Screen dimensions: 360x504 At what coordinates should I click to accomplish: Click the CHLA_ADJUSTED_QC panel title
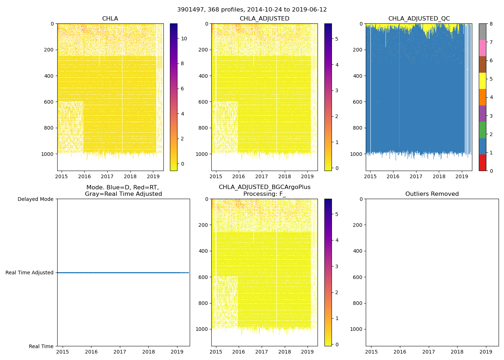(419, 19)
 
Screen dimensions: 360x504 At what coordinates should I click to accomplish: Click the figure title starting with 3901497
(252, 10)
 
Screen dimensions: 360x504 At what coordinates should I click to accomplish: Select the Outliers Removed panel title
(432, 194)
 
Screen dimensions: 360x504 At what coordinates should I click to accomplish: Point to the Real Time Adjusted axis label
(29, 273)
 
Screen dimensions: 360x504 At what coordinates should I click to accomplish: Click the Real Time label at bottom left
(41, 346)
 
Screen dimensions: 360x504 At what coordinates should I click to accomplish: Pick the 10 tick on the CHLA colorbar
(184, 39)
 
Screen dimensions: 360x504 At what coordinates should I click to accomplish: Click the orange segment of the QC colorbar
(482, 97)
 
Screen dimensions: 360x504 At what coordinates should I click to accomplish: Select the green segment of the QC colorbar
(482, 130)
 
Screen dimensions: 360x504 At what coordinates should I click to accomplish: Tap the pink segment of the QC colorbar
(482, 48)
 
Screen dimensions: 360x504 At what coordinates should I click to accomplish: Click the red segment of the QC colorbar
(482, 162)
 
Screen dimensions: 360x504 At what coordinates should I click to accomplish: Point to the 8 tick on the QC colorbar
(491, 24)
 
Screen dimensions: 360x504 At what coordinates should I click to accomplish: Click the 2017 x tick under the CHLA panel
(107, 177)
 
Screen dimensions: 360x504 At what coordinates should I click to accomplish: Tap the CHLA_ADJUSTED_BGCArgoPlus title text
(265, 187)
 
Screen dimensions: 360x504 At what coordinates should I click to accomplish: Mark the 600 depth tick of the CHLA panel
(49, 102)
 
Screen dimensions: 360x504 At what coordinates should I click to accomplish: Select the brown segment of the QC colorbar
(482, 64)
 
